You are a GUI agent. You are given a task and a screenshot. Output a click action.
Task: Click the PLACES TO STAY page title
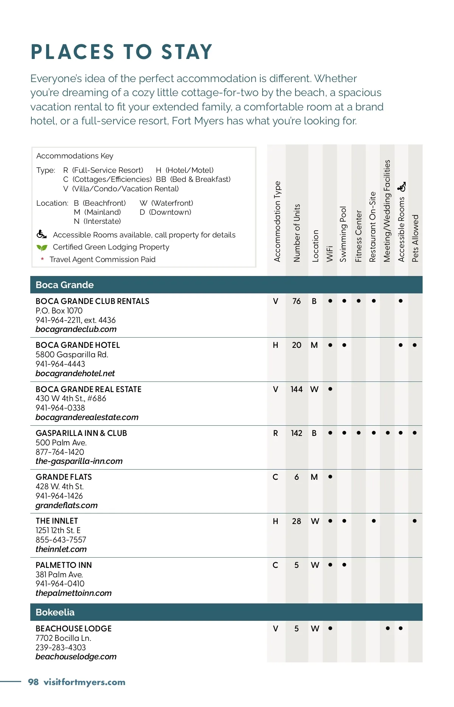click(x=121, y=52)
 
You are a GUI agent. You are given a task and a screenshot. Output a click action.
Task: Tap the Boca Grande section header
click(x=65, y=285)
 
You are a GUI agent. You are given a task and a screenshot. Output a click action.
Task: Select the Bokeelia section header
click(x=55, y=612)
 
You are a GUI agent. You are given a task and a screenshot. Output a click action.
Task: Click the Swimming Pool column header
click(x=343, y=234)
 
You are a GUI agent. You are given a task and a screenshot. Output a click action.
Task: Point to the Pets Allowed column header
click(x=415, y=238)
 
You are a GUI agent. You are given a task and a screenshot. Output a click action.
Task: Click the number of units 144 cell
click(x=297, y=389)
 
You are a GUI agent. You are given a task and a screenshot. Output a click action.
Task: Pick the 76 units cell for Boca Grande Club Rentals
click(x=297, y=301)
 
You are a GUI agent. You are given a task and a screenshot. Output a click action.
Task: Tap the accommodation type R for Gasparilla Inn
click(x=275, y=433)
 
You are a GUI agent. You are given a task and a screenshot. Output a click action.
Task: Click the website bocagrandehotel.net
click(x=75, y=374)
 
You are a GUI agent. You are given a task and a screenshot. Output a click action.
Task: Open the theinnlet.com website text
click(x=61, y=549)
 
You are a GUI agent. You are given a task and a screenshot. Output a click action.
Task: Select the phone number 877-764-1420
click(x=60, y=452)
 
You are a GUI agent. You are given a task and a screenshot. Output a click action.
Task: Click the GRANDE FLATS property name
click(x=64, y=477)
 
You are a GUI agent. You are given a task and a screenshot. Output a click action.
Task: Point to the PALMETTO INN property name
click(x=64, y=565)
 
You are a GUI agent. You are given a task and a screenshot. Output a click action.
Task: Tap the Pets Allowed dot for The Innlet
click(x=415, y=521)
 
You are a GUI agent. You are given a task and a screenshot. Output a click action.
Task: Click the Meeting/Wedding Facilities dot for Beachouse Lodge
click(x=387, y=628)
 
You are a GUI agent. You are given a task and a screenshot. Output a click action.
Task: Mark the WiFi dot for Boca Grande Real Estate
click(x=330, y=389)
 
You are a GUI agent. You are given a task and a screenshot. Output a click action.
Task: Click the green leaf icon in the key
click(x=42, y=248)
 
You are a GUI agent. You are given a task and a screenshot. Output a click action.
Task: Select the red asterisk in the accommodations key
click(x=42, y=259)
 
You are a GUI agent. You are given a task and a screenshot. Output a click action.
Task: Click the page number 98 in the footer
click(x=33, y=682)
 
